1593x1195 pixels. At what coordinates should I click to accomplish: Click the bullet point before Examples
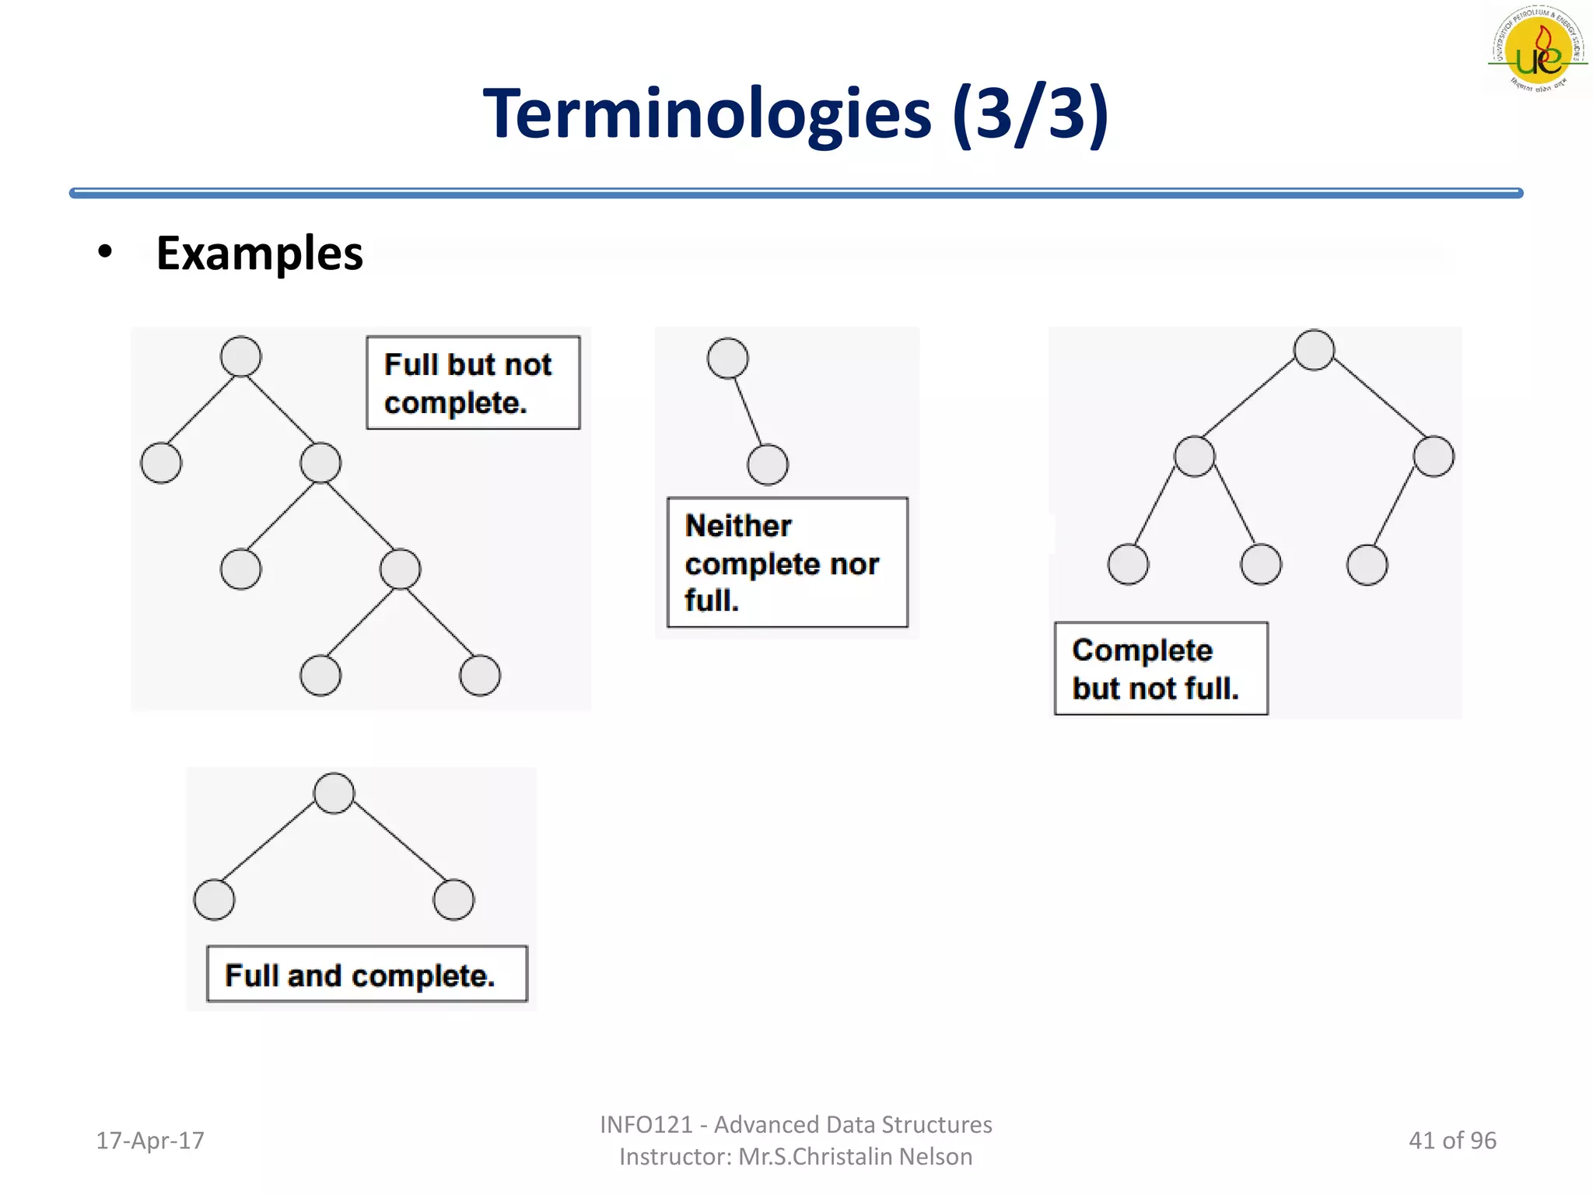click(105, 252)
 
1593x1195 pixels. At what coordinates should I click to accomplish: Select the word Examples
click(259, 254)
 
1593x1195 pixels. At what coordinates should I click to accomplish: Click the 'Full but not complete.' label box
click(473, 383)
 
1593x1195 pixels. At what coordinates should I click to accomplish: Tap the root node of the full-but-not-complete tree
click(240, 357)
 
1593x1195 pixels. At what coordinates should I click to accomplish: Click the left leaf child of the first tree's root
click(161, 463)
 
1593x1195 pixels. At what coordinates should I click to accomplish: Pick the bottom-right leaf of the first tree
click(479, 675)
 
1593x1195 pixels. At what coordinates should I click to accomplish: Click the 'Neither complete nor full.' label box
click(787, 562)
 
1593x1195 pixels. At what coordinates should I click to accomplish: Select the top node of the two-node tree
click(728, 359)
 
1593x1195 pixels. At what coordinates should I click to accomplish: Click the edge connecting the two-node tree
click(748, 412)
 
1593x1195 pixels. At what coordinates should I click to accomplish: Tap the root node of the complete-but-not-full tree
click(1314, 350)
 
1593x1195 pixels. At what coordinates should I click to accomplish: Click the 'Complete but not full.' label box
click(1161, 669)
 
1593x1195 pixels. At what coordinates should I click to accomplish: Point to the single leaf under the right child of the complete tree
click(1367, 565)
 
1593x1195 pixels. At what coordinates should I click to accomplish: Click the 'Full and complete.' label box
click(366, 974)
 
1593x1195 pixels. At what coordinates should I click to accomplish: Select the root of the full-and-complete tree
click(334, 794)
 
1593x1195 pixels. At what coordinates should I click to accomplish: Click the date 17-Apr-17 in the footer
click(150, 1141)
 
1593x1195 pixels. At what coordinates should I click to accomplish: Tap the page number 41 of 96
click(1451, 1141)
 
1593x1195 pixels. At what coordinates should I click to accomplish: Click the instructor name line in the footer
click(796, 1157)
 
